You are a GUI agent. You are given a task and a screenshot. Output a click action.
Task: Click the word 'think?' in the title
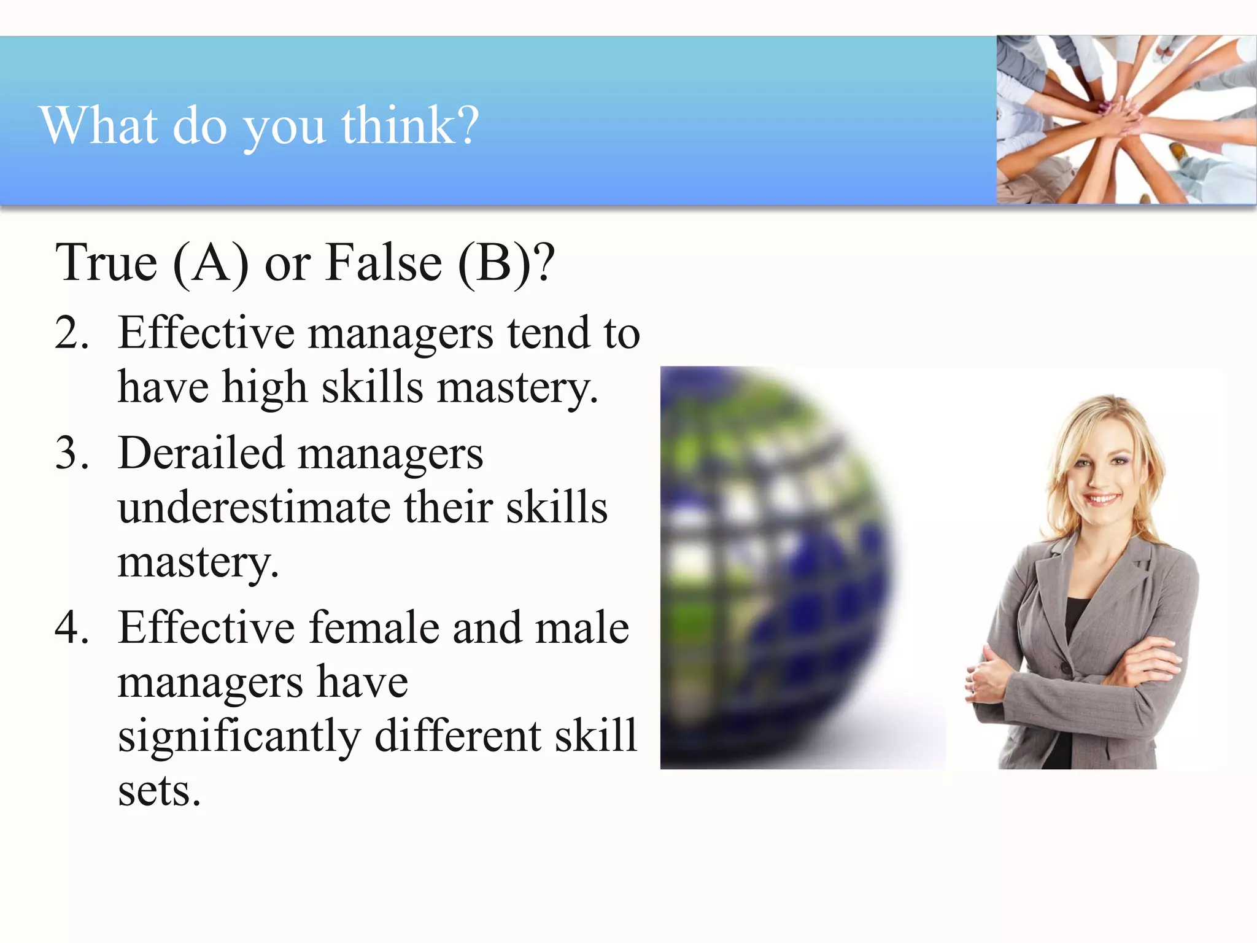(x=409, y=125)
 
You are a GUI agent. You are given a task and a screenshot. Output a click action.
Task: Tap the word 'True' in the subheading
(x=106, y=263)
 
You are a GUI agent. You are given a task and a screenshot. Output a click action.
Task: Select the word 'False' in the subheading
(x=384, y=263)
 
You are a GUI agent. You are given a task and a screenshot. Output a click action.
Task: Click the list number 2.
(x=72, y=333)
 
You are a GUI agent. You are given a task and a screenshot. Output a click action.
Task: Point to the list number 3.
(x=72, y=454)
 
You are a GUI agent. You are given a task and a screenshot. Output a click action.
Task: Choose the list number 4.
(x=72, y=628)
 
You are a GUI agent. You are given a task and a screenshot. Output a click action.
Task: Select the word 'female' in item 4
(x=374, y=628)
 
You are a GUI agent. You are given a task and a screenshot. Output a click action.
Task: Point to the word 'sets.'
(x=159, y=791)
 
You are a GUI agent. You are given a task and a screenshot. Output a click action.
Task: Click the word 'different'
(x=457, y=735)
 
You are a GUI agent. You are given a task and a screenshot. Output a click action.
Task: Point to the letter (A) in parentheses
(x=211, y=263)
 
